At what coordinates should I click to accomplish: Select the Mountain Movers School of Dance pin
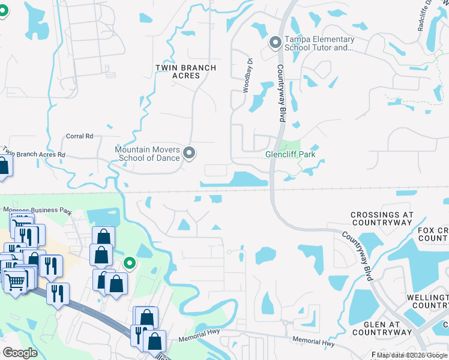tap(190, 154)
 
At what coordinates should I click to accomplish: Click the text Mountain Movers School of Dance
tap(148, 154)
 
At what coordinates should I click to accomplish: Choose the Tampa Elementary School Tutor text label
tap(319, 44)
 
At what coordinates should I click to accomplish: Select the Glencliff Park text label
tap(290, 154)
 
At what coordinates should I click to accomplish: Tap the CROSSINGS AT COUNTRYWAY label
tap(382, 218)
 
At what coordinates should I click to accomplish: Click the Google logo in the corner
tap(20, 352)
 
